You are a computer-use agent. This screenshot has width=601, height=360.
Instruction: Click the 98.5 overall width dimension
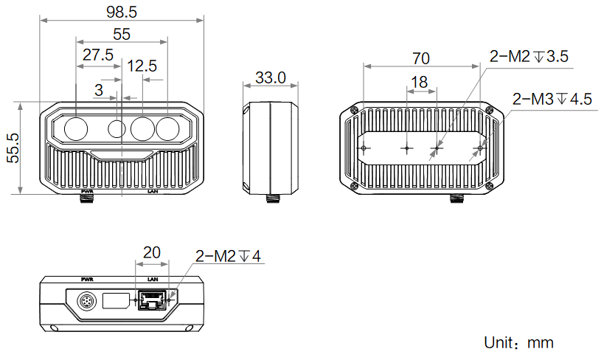pyautogui.click(x=122, y=13)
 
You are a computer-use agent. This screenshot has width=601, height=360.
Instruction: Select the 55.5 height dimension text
pyautogui.click(x=13, y=148)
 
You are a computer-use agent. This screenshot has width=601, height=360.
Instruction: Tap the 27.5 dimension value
pyautogui.click(x=97, y=55)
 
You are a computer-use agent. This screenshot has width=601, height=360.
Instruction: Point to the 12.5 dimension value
pyautogui.click(x=142, y=66)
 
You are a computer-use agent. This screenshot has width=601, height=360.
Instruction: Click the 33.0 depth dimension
pyautogui.click(x=270, y=77)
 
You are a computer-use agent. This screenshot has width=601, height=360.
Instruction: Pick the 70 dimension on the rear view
pyautogui.click(x=421, y=58)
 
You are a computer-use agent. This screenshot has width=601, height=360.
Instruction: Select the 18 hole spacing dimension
pyautogui.click(x=420, y=82)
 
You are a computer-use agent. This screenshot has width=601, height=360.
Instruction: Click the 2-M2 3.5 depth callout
pyautogui.click(x=529, y=56)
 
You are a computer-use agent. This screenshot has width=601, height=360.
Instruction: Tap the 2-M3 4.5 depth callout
pyautogui.click(x=552, y=98)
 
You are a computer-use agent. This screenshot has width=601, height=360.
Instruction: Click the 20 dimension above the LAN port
pyautogui.click(x=152, y=252)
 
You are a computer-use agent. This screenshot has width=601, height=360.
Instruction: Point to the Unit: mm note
pyautogui.click(x=518, y=342)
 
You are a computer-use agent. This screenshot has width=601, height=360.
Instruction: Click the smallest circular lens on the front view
pyautogui.click(x=117, y=129)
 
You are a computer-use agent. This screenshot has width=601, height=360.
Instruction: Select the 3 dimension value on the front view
pyautogui.click(x=99, y=90)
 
